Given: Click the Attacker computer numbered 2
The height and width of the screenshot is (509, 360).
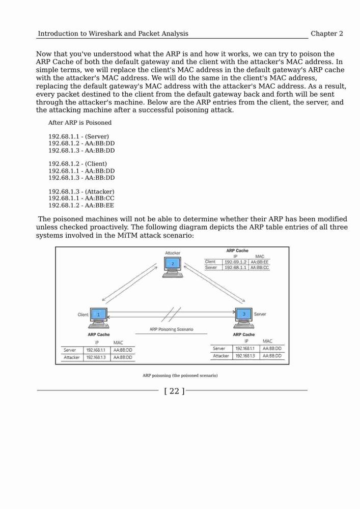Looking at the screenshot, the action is [173, 267].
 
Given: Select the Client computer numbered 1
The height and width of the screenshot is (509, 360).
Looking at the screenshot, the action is [99, 318].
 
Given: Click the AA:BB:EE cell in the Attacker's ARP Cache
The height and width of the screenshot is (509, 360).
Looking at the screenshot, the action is [260, 262].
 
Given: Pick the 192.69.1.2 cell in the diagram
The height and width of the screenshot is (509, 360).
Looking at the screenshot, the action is [236, 262].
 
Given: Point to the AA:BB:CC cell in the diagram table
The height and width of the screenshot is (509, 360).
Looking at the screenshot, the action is [260, 268].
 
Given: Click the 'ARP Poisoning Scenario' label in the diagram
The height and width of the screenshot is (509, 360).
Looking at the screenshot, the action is [172, 329].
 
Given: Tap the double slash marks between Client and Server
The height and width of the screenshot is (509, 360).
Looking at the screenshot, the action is [171, 314].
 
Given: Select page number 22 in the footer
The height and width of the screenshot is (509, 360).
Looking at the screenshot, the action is [174, 391].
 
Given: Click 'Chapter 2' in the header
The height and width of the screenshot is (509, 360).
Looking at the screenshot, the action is [326, 34].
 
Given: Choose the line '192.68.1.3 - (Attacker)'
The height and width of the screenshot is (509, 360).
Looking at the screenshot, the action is [81, 191].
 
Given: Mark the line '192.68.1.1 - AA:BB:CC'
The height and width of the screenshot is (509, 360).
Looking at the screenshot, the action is [81, 198].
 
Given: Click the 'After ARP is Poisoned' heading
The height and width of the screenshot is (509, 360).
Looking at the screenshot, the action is [80, 123].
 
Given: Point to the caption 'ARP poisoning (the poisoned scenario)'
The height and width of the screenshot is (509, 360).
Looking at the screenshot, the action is [180, 375].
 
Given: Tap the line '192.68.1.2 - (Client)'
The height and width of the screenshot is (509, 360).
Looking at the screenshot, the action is [77, 164].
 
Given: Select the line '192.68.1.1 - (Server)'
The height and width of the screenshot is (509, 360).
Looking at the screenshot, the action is [78, 136].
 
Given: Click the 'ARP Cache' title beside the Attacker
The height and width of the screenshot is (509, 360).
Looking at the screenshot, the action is [237, 250].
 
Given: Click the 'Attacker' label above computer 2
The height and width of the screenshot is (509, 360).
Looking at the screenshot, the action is [173, 253].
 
